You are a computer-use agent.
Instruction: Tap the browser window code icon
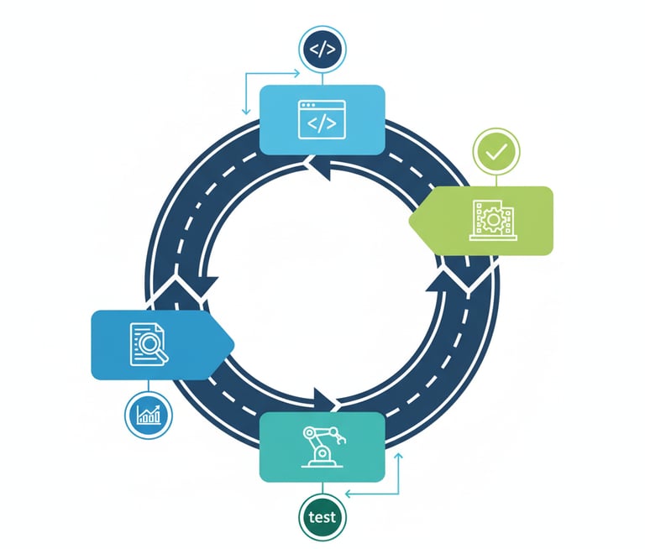coord(322,119)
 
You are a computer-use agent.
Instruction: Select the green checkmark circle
coord(496,152)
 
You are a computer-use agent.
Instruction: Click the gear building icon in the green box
coord(491,220)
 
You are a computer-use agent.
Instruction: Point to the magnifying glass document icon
coord(149,344)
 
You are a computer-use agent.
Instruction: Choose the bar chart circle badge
coord(148,414)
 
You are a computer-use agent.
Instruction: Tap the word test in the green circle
coord(322,517)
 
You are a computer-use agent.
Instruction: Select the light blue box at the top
coord(353,119)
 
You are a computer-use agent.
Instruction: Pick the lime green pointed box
coord(521,220)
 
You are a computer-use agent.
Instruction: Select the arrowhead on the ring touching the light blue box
coord(321,170)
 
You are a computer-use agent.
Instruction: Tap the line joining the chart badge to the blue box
coord(148,386)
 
